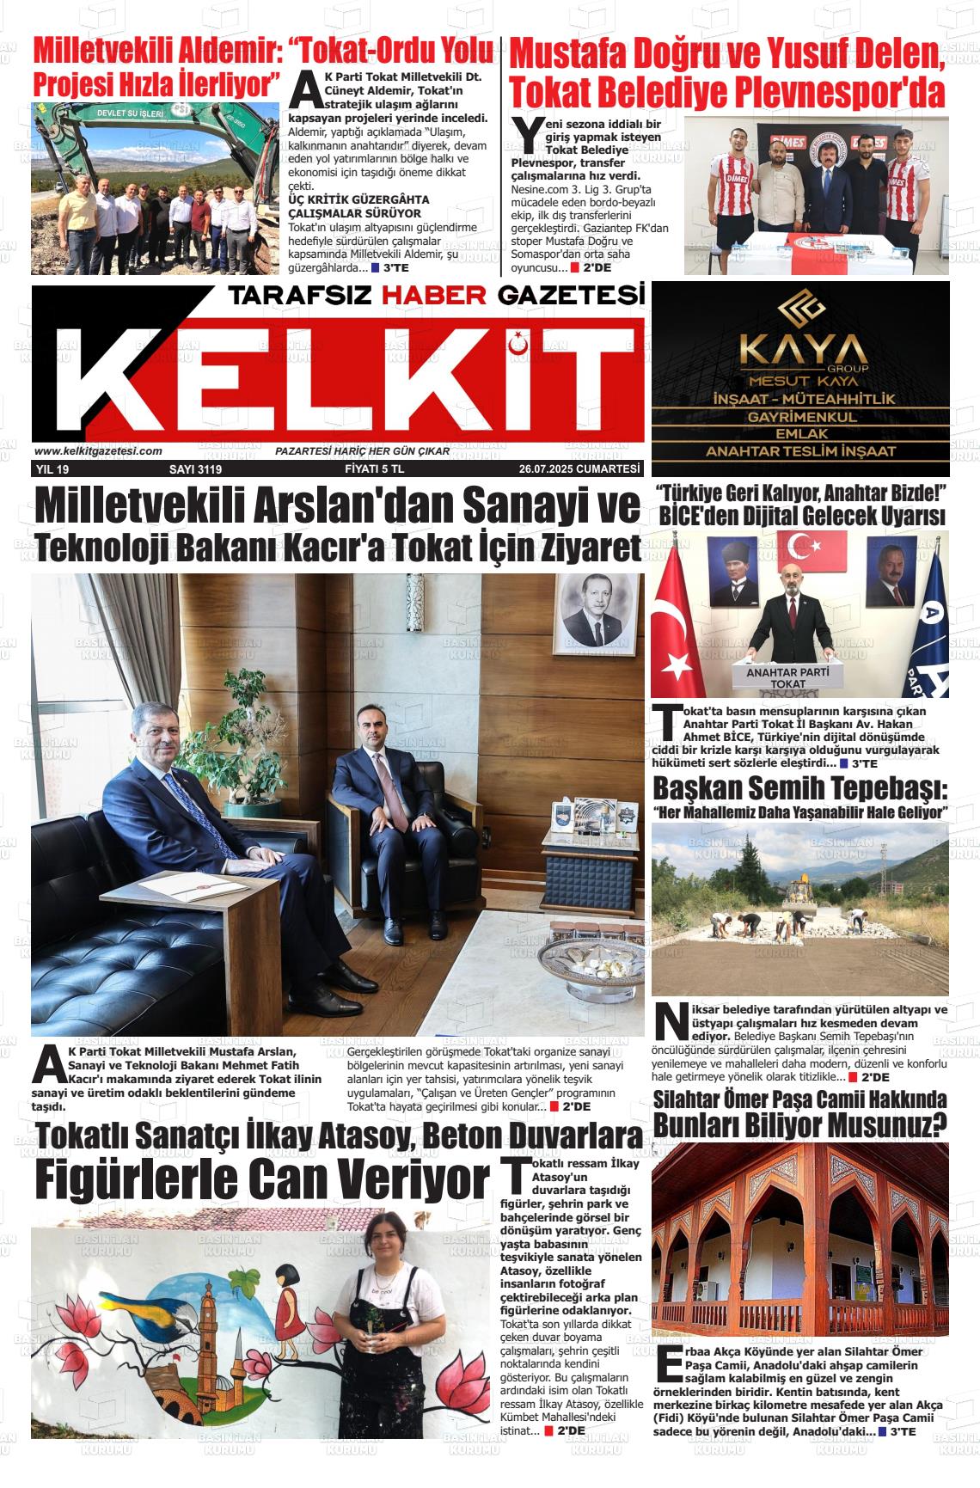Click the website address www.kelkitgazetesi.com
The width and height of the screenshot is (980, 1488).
(x=99, y=451)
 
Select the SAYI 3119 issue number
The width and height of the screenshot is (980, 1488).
(x=196, y=469)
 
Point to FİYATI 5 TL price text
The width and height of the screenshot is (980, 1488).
(x=380, y=469)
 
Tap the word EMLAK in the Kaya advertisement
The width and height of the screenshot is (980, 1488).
(x=801, y=434)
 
